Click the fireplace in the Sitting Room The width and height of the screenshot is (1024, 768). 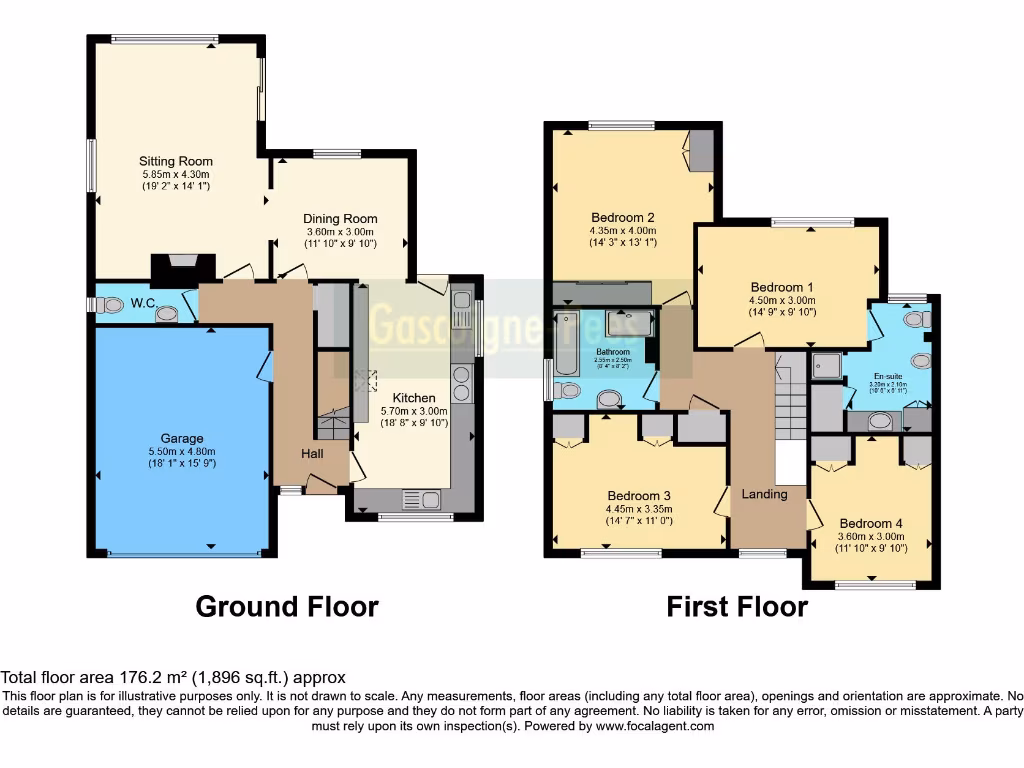181,266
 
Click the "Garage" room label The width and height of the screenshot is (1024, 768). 182,438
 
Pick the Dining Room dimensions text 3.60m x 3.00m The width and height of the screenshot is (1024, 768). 341,232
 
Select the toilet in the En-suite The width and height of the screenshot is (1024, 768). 914,320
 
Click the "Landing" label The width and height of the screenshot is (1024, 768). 764,494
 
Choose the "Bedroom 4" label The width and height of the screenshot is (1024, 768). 871,523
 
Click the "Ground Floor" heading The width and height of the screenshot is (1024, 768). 287,606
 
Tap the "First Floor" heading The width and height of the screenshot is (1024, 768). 737,606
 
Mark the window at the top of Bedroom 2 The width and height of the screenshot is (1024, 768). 621,125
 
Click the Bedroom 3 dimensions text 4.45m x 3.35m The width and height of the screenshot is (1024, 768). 638,508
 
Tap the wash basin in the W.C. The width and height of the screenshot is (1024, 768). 167,314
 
